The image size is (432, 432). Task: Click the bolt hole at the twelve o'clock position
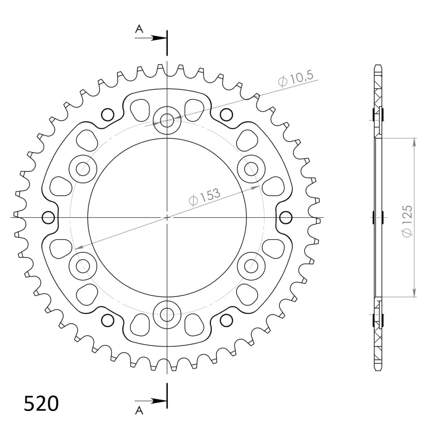(x=167, y=120)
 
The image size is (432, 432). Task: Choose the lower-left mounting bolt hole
(x=83, y=265)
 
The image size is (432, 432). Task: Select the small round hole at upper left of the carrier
(x=107, y=114)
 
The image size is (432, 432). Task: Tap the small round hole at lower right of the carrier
(x=226, y=319)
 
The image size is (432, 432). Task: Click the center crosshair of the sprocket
(x=167, y=217)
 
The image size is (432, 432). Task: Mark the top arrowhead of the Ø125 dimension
(x=414, y=141)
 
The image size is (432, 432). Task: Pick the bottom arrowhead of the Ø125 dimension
(x=414, y=293)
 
